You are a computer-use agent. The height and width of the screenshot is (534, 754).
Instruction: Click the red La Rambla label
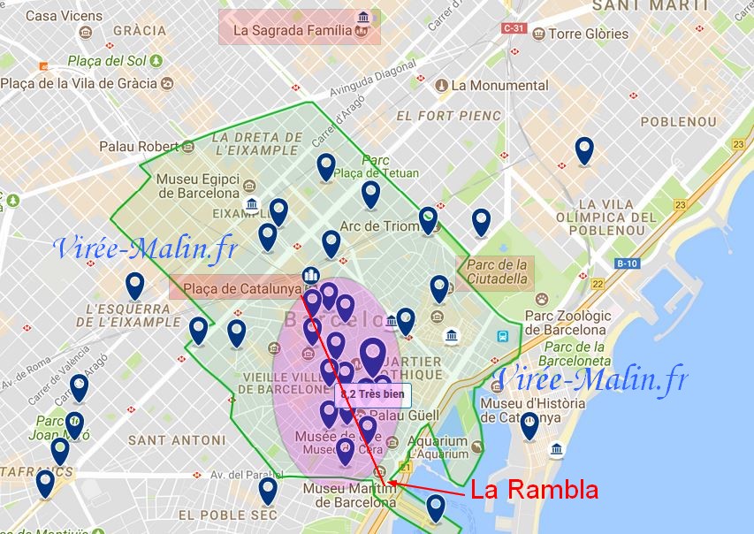pyautogui.click(x=534, y=490)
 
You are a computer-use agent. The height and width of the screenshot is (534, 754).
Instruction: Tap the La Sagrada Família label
pyautogui.click(x=299, y=30)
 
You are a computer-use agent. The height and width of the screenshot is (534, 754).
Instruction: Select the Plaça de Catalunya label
pyautogui.click(x=239, y=287)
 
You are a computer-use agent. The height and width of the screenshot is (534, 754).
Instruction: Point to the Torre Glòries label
pyautogui.click(x=588, y=34)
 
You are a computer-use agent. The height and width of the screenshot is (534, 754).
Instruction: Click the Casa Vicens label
pyautogui.click(x=64, y=16)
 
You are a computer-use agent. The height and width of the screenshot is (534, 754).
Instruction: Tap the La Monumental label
pyautogui.click(x=499, y=86)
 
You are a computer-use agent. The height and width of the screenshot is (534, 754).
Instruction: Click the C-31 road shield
pyautogui.click(x=514, y=28)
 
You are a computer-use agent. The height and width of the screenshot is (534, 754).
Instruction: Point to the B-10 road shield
pyautogui.click(x=627, y=263)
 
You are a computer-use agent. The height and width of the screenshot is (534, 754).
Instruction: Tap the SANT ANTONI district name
pyautogui.click(x=177, y=439)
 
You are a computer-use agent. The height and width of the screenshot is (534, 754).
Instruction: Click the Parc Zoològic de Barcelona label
pyautogui.click(x=569, y=323)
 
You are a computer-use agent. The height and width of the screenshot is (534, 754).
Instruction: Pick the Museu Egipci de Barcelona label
pyautogui.click(x=198, y=186)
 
